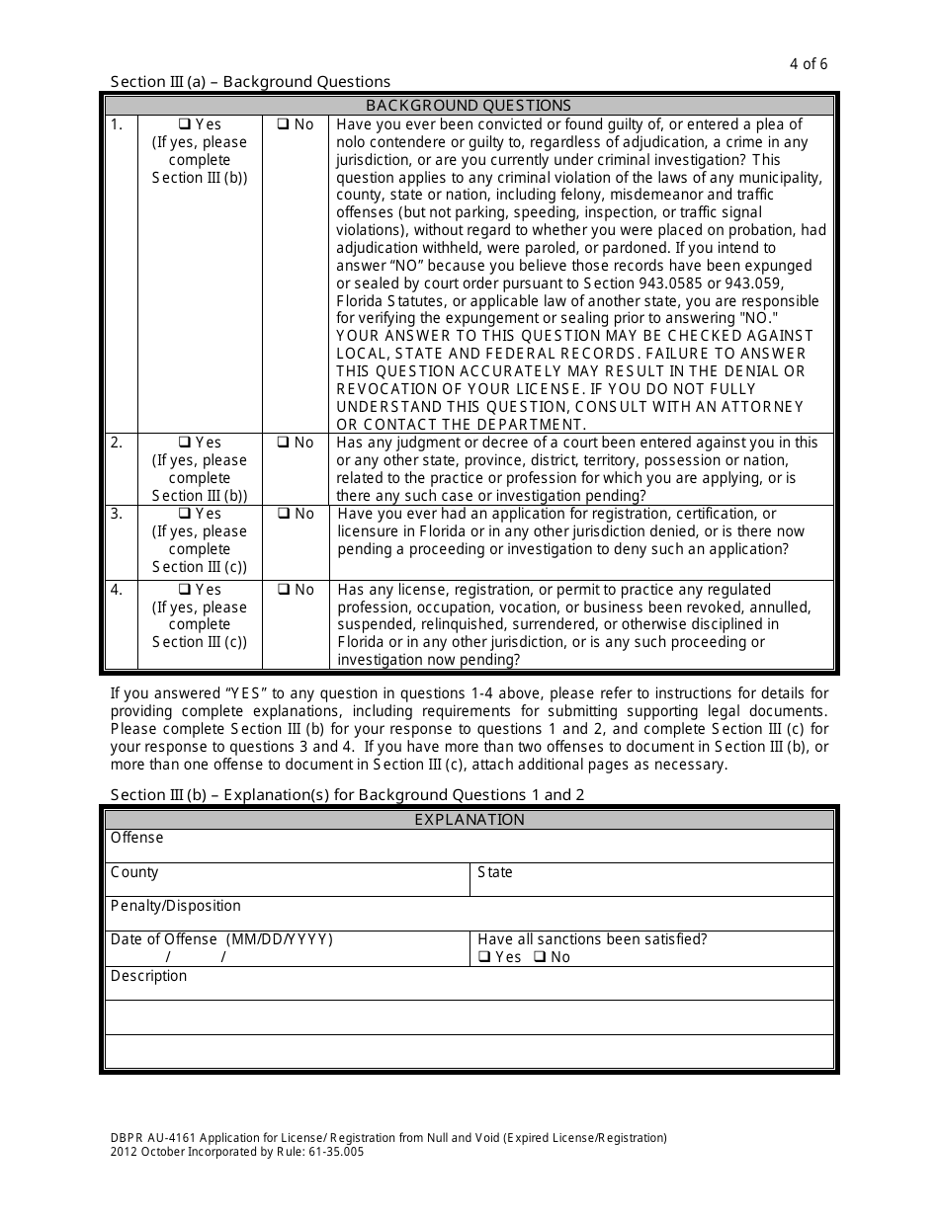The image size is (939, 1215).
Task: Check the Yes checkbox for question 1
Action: click(184, 124)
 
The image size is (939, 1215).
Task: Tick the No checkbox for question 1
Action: click(283, 124)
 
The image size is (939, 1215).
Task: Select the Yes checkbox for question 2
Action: click(184, 443)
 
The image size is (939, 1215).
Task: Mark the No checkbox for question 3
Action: click(283, 514)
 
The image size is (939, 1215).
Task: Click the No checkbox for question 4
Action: click(283, 590)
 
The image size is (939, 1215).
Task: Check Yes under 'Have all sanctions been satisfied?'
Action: click(484, 957)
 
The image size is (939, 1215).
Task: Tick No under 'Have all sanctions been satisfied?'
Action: click(540, 957)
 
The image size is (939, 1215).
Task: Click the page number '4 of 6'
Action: click(809, 64)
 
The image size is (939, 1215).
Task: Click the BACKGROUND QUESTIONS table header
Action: click(469, 105)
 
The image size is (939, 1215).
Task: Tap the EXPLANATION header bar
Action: click(469, 819)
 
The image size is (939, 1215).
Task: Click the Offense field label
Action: click(136, 838)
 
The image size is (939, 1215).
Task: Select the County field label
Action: click(134, 872)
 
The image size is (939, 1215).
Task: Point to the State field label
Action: click(495, 872)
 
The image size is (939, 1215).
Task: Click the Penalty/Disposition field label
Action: click(175, 906)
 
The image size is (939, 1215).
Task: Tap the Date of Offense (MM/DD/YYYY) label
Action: click(221, 939)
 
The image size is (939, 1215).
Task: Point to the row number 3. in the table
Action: click(117, 514)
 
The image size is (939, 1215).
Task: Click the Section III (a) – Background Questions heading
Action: click(250, 82)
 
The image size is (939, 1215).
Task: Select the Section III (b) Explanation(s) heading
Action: click(347, 794)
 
